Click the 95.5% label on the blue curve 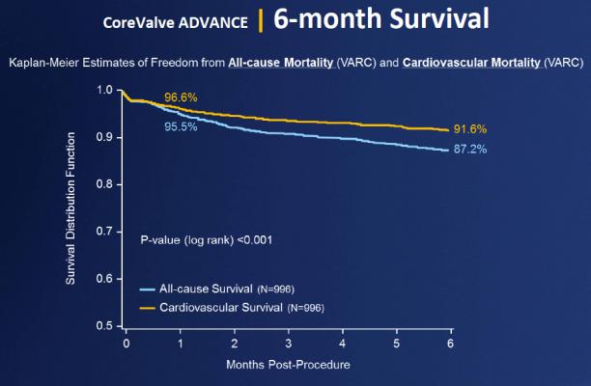click(x=181, y=125)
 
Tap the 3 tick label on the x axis click(x=289, y=344)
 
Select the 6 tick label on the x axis click(x=451, y=344)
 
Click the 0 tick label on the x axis click(x=126, y=344)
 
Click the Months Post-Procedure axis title click(x=289, y=366)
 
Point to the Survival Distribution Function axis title click(x=70, y=207)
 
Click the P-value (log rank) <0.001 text click(x=206, y=238)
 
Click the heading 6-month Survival click(x=380, y=18)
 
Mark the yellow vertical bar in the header click(x=260, y=19)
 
